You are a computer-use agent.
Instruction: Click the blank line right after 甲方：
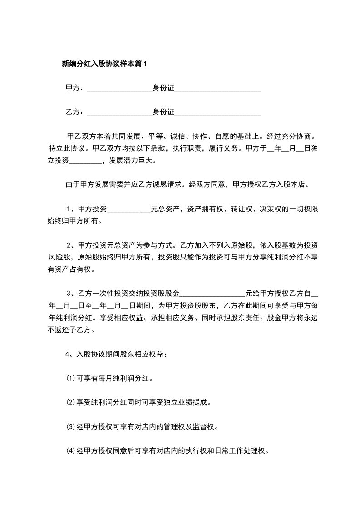119,89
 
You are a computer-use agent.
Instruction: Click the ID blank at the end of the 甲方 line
218,89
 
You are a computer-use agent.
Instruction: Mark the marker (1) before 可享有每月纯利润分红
70,378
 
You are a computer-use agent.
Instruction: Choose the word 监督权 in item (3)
207,426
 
